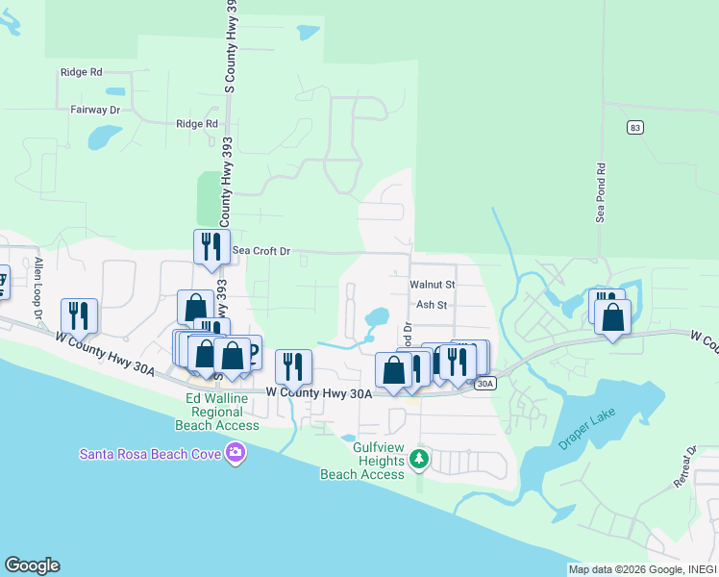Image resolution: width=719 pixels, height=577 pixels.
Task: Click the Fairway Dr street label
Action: point(95,111)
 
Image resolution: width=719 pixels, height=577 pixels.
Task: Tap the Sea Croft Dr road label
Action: point(260,251)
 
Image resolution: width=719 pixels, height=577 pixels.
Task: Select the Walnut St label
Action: point(432,286)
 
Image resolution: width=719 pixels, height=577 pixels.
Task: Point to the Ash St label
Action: point(432,305)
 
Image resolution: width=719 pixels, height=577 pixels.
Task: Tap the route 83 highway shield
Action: point(632,127)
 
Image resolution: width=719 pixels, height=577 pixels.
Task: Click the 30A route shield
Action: point(485,384)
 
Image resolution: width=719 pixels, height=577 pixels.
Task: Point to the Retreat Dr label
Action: point(684,466)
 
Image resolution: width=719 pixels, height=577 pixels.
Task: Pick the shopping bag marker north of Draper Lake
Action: point(612,318)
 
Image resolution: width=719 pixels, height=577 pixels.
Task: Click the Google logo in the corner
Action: point(32,565)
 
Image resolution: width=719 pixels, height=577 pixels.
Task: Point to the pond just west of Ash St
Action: point(376,317)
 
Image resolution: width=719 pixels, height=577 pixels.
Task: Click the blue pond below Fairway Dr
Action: point(100,137)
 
